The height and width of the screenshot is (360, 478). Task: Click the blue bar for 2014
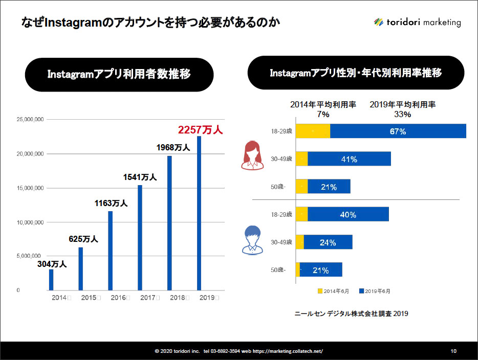pos(51,279)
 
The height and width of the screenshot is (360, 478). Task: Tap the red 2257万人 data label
pos(200,130)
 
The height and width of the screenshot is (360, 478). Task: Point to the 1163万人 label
pos(111,203)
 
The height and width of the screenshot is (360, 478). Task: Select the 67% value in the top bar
pos(397,131)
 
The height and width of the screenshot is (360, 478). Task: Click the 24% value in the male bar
pos(328,243)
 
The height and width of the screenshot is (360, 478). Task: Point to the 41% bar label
pos(349,159)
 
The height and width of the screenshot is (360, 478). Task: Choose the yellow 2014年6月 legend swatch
pos(320,291)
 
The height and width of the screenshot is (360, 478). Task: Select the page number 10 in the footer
pos(453,351)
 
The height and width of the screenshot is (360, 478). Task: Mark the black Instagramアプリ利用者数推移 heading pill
pos(119,75)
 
